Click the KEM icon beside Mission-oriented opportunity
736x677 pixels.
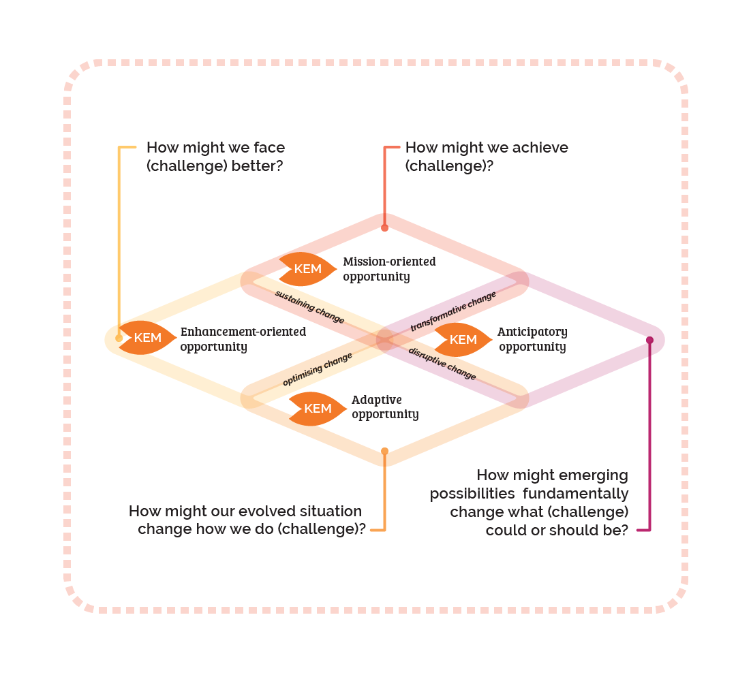(307, 269)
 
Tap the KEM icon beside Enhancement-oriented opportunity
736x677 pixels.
(147, 338)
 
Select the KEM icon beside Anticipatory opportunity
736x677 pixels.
(463, 340)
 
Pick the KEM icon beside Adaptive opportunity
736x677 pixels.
(317, 409)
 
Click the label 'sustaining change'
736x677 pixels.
(309, 307)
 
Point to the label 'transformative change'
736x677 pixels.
(453, 312)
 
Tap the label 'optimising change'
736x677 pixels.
(318, 370)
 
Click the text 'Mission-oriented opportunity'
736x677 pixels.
(389, 269)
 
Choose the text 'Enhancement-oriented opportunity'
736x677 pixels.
(243, 339)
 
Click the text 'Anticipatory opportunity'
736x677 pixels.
(532, 339)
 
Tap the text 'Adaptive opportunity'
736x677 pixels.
(385, 407)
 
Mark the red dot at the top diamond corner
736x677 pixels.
(384, 227)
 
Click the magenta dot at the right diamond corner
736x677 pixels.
(649, 340)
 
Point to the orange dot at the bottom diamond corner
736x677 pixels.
(384, 451)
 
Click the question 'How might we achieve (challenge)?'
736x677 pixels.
(486, 157)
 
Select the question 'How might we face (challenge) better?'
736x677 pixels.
(215, 157)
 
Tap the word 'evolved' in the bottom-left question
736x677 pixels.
(265, 511)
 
